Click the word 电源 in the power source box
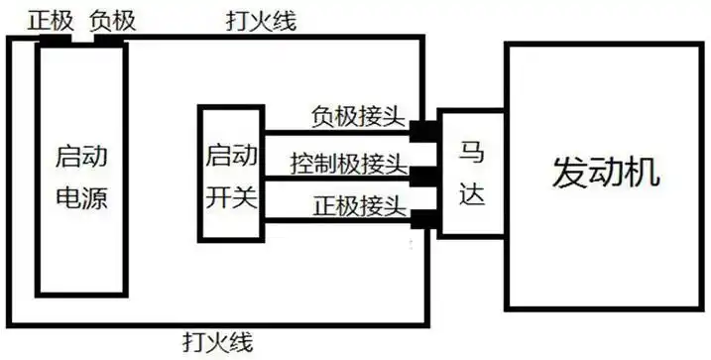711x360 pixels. tap(82, 198)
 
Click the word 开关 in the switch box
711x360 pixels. tap(232, 196)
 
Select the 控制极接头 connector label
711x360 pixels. tap(348, 162)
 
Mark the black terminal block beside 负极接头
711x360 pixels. tap(423, 130)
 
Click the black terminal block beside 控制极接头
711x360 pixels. tap(423, 176)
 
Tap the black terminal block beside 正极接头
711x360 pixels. tap(423, 219)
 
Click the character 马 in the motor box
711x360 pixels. tap(472, 154)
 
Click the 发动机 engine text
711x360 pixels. tap(605, 175)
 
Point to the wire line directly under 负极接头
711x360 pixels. tap(337, 131)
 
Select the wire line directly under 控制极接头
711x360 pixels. tap(337, 176)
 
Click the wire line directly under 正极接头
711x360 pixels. tap(337, 220)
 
